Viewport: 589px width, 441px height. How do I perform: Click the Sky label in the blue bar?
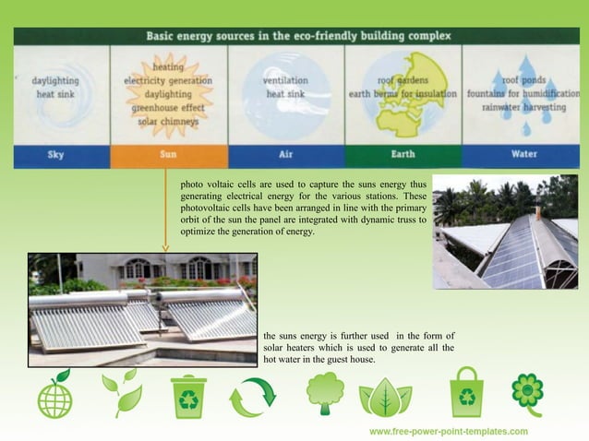(56, 155)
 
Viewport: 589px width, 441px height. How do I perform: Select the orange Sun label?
(168, 155)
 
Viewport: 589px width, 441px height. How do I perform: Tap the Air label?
(285, 155)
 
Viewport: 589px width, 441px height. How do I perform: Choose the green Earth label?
(403, 155)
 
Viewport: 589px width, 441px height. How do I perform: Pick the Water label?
(522, 155)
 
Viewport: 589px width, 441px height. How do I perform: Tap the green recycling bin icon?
(188, 396)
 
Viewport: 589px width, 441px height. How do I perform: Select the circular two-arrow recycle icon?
(251, 398)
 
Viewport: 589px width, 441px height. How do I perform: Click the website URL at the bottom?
(449, 431)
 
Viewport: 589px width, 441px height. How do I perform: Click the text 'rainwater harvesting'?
(522, 107)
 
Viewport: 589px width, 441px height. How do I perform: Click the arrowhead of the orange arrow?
(165, 247)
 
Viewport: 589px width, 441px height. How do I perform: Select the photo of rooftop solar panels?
(504, 232)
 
